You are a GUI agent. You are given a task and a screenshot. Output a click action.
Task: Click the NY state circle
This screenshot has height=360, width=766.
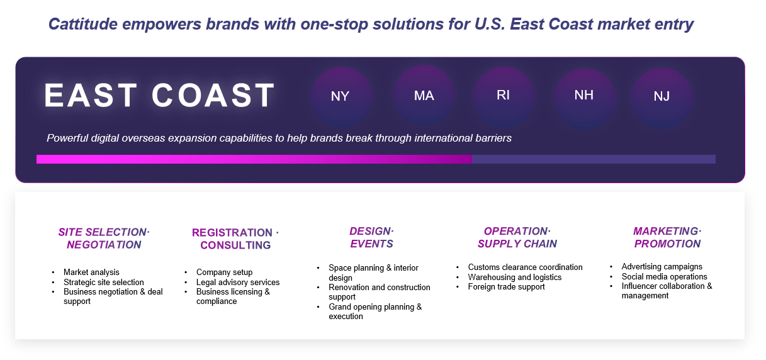pyautogui.click(x=342, y=97)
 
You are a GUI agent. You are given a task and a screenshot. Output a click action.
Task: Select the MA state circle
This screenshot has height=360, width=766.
pyautogui.click(x=424, y=96)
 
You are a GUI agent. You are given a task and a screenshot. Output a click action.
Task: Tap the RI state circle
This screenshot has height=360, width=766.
pyautogui.click(x=504, y=97)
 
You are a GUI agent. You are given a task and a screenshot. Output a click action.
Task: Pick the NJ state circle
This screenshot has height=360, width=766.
pyautogui.click(x=662, y=98)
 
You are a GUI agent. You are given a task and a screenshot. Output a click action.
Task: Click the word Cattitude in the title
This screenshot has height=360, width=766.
pyautogui.click(x=83, y=24)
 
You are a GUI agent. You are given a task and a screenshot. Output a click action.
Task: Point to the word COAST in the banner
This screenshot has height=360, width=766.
pyautogui.click(x=213, y=95)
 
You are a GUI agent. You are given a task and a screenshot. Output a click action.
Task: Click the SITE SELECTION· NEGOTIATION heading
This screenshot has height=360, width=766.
pyautogui.click(x=104, y=239)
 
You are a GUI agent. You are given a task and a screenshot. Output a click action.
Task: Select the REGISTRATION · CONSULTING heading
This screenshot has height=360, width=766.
pyautogui.click(x=235, y=239)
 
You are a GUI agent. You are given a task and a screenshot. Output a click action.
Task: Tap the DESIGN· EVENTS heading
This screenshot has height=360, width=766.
pyautogui.click(x=372, y=238)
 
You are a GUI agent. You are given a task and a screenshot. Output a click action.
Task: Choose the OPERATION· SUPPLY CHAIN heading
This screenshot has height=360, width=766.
pyautogui.click(x=517, y=238)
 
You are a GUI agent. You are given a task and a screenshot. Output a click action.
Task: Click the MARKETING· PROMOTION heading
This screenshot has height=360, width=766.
pyautogui.click(x=667, y=238)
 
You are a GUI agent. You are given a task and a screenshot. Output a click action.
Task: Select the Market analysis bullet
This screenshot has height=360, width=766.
pyautogui.click(x=91, y=272)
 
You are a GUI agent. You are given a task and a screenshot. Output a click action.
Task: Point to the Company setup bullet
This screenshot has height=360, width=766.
pyautogui.click(x=224, y=272)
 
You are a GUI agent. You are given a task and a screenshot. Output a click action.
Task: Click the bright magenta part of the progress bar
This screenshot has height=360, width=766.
pyautogui.click(x=254, y=159)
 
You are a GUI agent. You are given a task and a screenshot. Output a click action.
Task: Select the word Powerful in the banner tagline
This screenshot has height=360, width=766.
pyautogui.click(x=67, y=138)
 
